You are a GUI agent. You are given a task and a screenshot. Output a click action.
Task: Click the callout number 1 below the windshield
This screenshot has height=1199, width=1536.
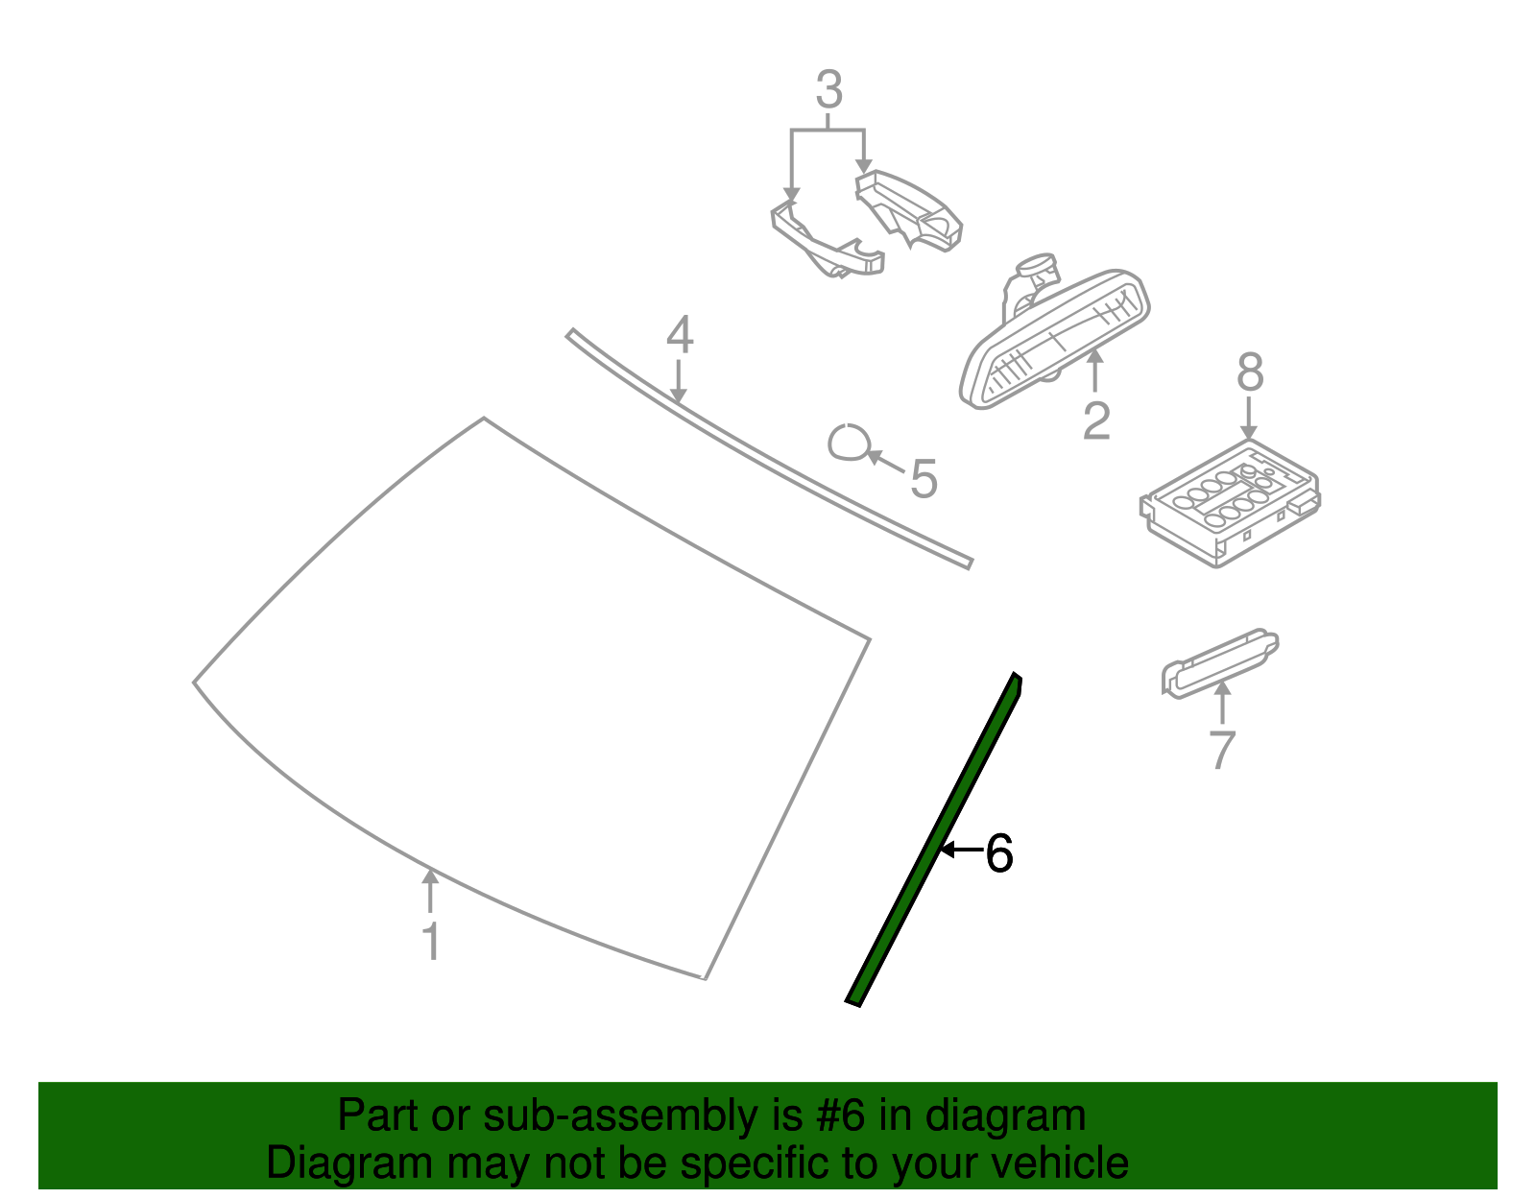(431, 941)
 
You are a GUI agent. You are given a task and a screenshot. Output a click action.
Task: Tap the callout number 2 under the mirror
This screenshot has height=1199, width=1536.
(1096, 421)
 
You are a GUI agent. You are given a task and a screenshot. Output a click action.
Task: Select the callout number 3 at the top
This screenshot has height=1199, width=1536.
(829, 89)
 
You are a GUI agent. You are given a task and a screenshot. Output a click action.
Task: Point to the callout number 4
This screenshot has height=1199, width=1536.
(680, 335)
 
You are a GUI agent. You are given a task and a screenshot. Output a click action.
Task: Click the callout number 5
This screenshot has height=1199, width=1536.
(924, 479)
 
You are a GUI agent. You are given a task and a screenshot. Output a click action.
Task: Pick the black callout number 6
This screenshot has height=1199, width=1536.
(998, 853)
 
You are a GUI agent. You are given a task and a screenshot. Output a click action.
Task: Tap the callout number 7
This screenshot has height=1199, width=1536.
(1222, 750)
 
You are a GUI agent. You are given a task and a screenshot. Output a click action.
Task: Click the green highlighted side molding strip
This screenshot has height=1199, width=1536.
(934, 839)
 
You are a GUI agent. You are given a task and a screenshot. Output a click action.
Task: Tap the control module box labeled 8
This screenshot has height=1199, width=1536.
(1230, 504)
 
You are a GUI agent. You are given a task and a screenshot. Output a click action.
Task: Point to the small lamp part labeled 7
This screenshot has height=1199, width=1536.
(1220, 663)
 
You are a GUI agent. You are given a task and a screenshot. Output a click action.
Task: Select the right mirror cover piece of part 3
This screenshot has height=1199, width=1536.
(908, 210)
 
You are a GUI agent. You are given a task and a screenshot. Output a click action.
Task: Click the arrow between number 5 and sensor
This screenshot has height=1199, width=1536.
(885, 462)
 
